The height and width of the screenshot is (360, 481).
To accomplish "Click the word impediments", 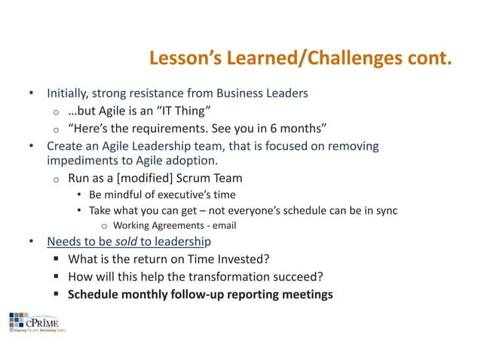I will pos(81,160).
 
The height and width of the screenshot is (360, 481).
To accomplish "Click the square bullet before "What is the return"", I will pos(57,259).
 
